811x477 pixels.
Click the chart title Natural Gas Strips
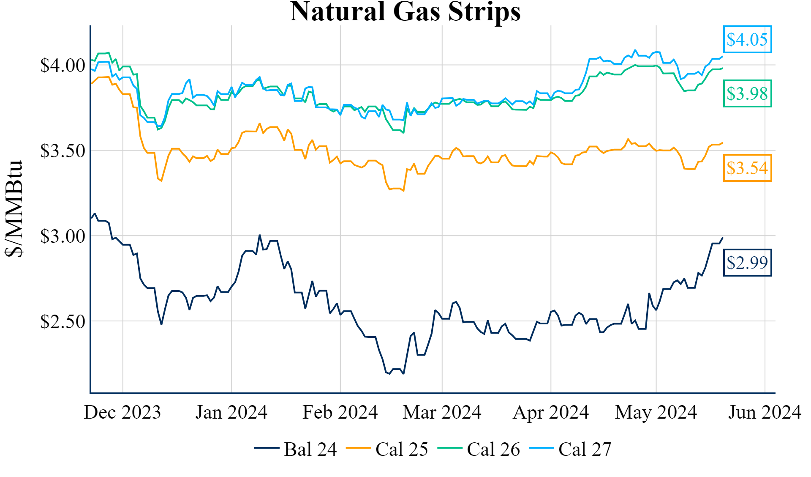point(405,11)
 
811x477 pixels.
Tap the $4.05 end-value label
point(747,40)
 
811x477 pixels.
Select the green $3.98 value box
point(747,93)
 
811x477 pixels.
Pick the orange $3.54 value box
point(747,168)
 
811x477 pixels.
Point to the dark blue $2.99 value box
point(747,263)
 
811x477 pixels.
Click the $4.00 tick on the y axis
point(63,66)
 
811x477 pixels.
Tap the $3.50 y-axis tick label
point(63,151)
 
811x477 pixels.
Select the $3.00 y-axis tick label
point(63,236)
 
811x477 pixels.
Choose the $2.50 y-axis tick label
point(63,322)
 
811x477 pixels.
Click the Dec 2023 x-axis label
point(122,412)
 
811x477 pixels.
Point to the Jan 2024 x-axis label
point(231,412)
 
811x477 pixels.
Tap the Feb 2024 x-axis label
point(340,412)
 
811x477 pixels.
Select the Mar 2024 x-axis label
point(442,412)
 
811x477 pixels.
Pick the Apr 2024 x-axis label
point(550,412)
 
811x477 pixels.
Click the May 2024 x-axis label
point(656,412)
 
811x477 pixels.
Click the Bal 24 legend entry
point(296,449)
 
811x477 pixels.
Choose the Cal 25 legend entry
point(387,449)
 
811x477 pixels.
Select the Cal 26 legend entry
point(479,449)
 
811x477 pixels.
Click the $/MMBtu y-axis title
point(14,208)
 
